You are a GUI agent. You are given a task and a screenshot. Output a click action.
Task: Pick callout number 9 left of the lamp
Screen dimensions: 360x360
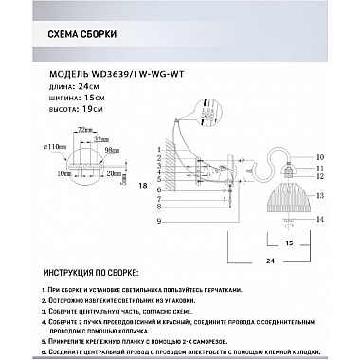[x=159, y=221]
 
